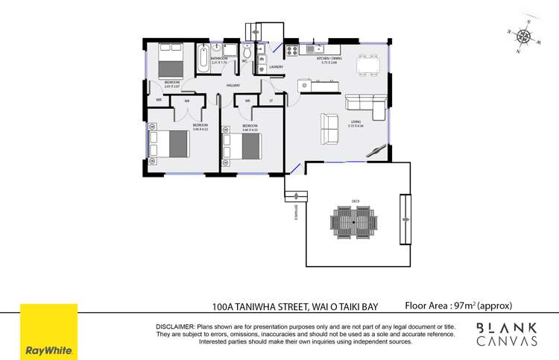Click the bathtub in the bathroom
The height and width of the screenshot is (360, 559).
[x=203, y=59]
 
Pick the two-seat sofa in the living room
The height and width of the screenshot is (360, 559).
[x=329, y=128]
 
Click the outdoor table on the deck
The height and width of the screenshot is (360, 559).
[x=353, y=221]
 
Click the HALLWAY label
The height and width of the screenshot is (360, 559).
[x=233, y=86]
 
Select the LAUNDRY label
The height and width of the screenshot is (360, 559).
[x=265, y=67]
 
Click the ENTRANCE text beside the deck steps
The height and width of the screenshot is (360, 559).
[x=296, y=212]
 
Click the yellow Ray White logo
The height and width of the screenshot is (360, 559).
[x=48, y=331]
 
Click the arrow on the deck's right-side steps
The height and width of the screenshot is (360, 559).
[x=405, y=219]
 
